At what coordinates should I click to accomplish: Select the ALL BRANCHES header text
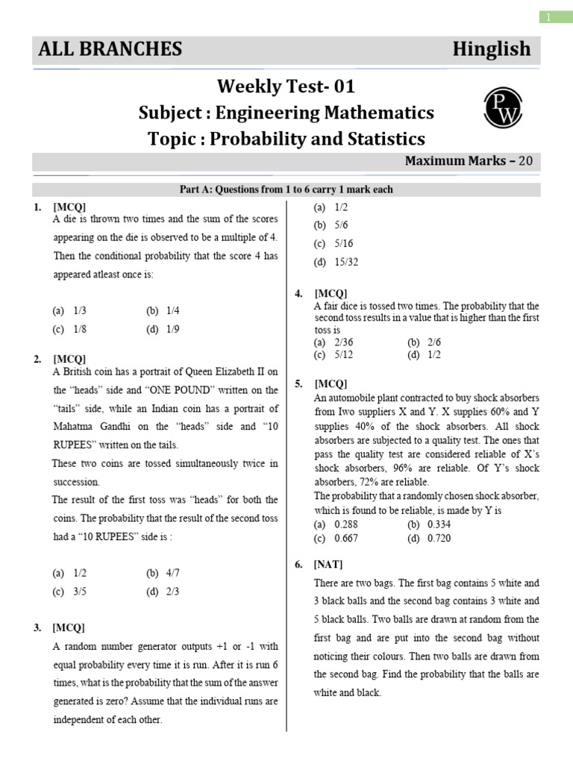click(110, 49)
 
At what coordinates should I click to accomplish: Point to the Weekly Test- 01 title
click(286, 87)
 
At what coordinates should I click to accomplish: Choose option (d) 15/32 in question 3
click(331, 262)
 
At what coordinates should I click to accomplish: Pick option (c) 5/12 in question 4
click(333, 354)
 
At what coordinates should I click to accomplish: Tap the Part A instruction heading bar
click(286, 190)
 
